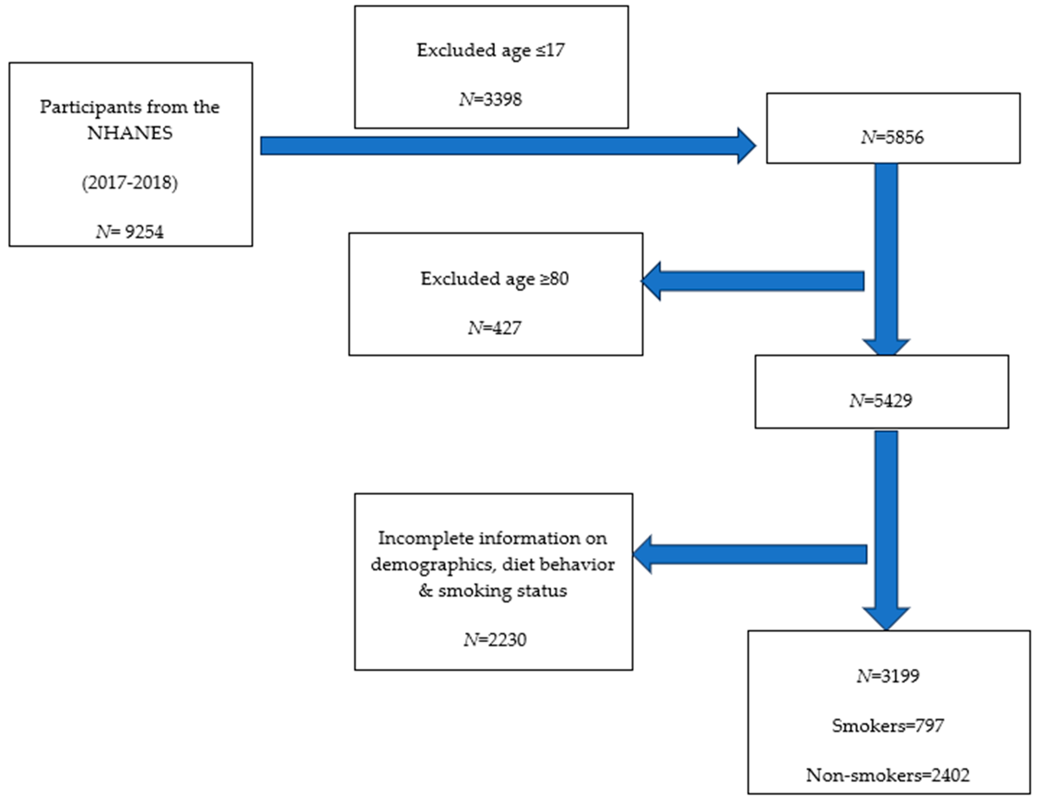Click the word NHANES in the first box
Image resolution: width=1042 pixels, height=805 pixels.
point(130,133)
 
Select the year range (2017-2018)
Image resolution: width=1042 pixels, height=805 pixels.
point(130,182)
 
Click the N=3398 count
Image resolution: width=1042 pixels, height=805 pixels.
point(491,99)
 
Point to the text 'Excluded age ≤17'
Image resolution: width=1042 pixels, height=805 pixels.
point(491,50)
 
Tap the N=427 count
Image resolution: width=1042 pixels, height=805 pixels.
point(495,328)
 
